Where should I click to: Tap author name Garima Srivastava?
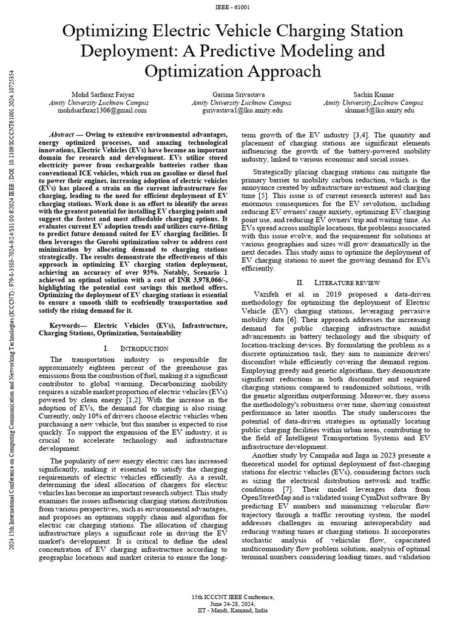click(233, 95)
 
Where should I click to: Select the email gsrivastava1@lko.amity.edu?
click(233, 111)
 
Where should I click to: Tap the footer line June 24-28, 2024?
click(233, 603)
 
